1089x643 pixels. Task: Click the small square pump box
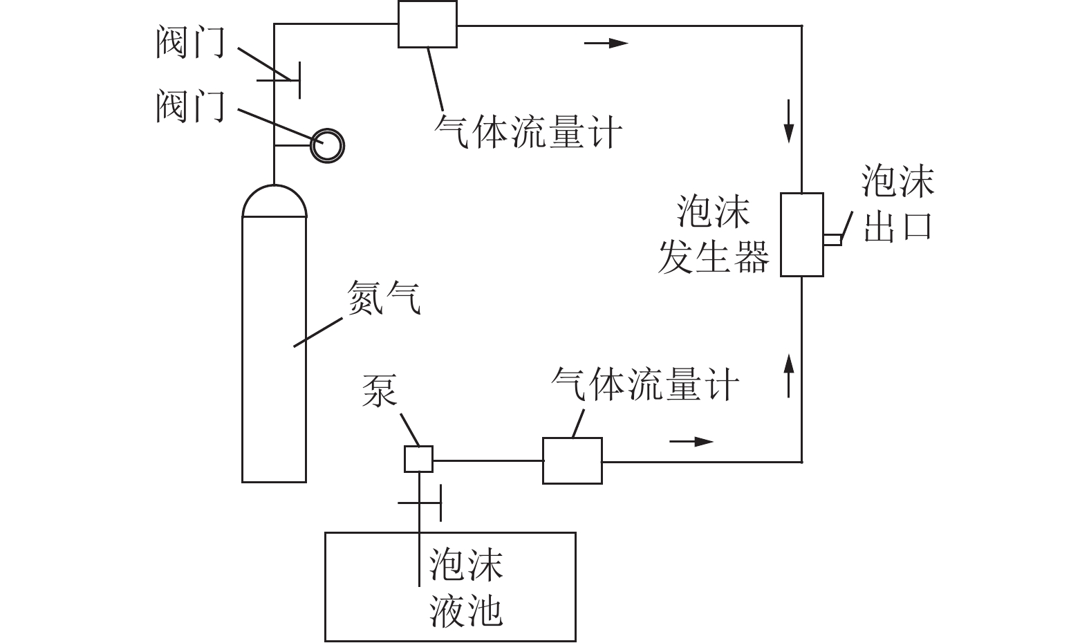coord(418,459)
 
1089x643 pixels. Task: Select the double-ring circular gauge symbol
coord(326,145)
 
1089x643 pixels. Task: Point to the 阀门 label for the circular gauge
coord(190,106)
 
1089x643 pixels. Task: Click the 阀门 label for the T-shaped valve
coord(190,43)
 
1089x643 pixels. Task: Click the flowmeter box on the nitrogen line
coord(427,24)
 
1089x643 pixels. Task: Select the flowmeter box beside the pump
coord(572,460)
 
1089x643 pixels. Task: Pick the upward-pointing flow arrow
coord(789,373)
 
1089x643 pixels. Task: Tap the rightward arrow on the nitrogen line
coord(606,44)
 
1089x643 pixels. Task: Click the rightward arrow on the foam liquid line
coord(691,441)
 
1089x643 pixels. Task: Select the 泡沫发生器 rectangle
coord(801,235)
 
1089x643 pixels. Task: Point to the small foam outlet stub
coord(832,239)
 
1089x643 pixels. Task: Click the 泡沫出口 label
coord(897,204)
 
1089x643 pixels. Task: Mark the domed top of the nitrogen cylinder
coord(274,201)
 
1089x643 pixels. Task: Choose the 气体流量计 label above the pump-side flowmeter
coord(645,384)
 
